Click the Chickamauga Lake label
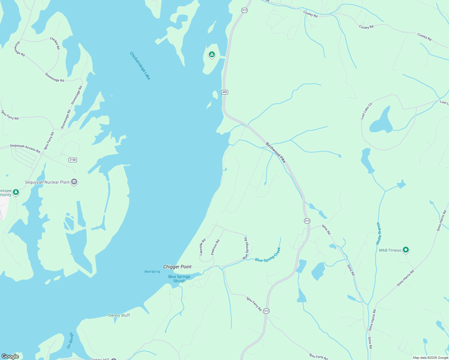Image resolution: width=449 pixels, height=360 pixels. click(x=140, y=66)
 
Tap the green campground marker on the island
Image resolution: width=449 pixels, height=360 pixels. click(x=212, y=55)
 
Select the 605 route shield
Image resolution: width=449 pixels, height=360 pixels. click(x=225, y=92)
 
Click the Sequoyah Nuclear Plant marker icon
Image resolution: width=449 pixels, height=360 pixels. click(x=74, y=182)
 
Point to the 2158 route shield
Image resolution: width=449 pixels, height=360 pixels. click(x=73, y=160)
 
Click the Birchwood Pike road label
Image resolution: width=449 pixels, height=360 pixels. click(x=276, y=152)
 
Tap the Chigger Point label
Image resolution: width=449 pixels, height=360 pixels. click(x=177, y=267)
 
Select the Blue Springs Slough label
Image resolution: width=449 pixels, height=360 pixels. click(x=179, y=279)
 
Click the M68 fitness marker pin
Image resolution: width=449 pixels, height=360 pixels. click(x=406, y=250)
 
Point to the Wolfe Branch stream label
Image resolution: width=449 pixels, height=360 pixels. click(x=378, y=233)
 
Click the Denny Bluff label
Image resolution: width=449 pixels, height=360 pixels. click(x=119, y=315)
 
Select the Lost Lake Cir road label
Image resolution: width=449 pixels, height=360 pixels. click(x=366, y=111)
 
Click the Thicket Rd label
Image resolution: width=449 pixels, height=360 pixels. click(x=55, y=43)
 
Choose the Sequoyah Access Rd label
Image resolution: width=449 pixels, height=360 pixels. click(x=25, y=148)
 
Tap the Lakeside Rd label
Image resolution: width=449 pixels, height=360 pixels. click(x=203, y=247)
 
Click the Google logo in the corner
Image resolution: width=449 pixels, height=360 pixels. click(x=10, y=356)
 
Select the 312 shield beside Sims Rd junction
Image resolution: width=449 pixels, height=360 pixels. click(x=307, y=221)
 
